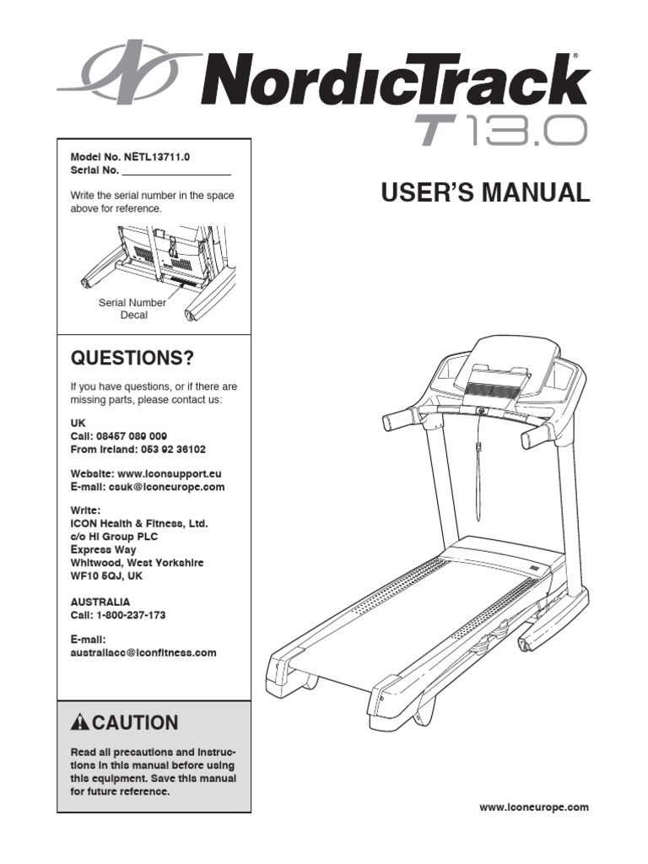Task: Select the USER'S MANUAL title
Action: tap(485, 193)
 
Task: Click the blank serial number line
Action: tap(175, 171)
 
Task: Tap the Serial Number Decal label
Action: tap(132, 309)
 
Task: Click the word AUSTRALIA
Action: tap(100, 602)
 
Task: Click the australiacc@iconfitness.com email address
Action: tap(143, 652)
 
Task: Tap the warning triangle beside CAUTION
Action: tap(80, 722)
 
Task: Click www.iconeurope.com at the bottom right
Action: tap(534, 807)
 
